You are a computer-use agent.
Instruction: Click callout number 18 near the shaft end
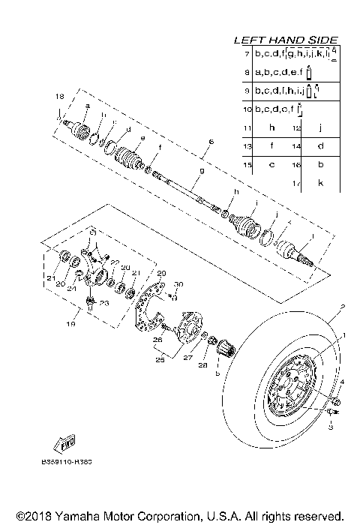59,97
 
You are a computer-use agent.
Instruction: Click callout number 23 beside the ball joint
104,303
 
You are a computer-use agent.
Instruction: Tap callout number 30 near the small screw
178,284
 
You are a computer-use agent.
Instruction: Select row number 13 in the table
247,145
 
